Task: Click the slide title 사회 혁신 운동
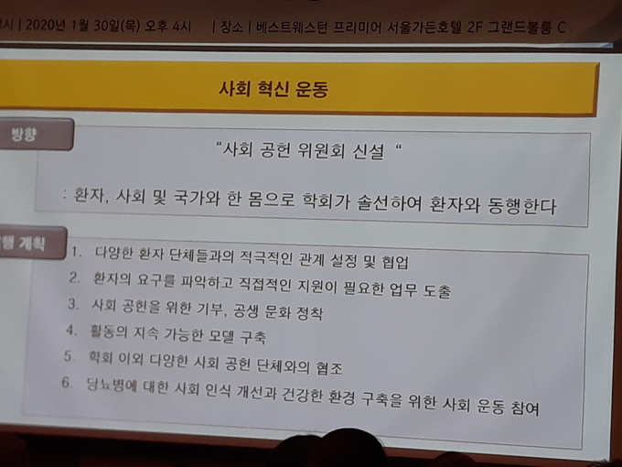point(273,89)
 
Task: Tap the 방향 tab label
point(24,135)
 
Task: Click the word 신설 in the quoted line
point(369,151)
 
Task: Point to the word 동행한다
point(522,205)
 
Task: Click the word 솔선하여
point(389,202)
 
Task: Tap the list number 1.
point(76,252)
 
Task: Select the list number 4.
point(71,330)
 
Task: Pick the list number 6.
point(67,383)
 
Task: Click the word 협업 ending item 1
point(395,262)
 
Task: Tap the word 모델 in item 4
point(219,336)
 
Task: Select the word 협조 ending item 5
point(329,368)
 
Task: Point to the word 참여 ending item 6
point(525,407)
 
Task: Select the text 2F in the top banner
point(469,27)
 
